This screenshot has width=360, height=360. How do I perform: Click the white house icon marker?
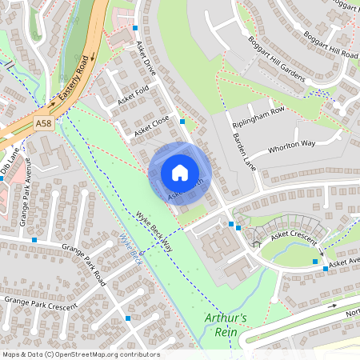179,172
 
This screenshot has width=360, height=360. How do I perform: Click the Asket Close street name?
151,124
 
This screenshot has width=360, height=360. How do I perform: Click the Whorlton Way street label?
292,146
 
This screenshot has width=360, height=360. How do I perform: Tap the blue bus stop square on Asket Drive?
182,122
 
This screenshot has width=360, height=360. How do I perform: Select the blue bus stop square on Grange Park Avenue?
34,238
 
